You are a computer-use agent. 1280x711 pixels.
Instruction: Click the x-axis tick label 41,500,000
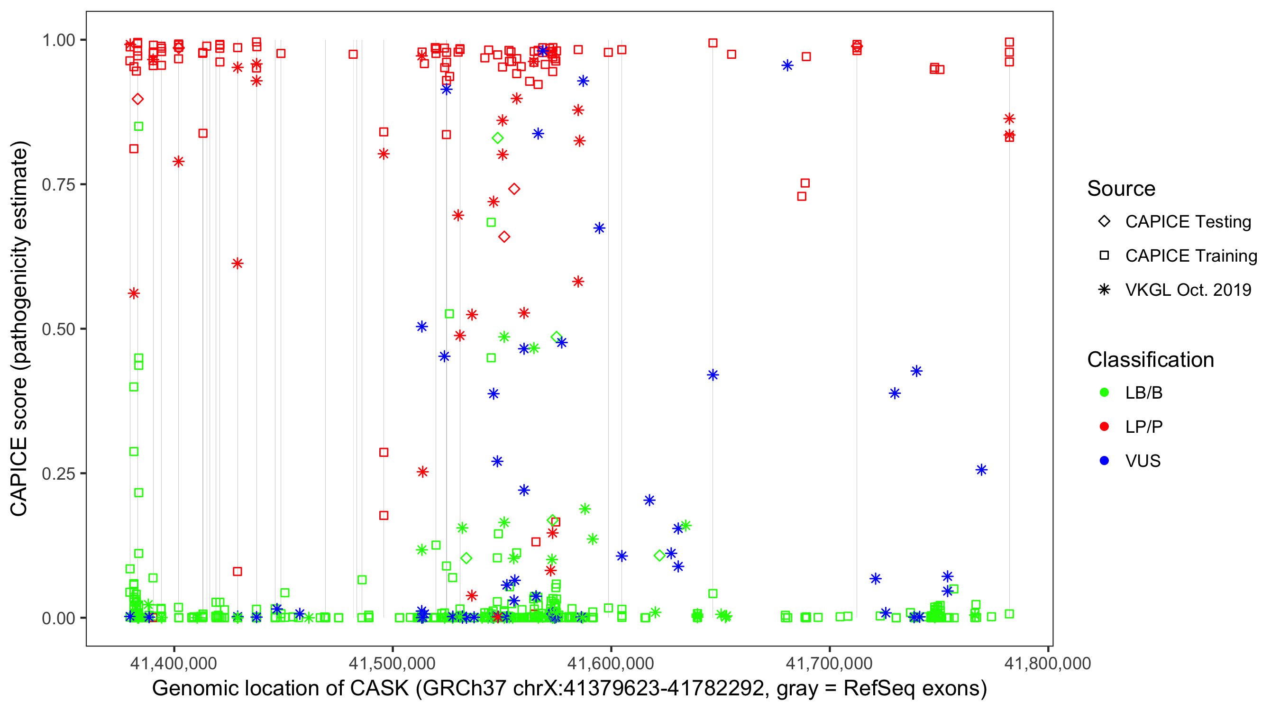coord(392,663)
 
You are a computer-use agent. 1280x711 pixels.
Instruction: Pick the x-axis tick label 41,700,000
coord(829,663)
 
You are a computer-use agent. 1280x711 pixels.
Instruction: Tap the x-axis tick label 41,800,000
coord(1047,663)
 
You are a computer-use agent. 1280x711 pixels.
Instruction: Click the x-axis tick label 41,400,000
coord(174,663)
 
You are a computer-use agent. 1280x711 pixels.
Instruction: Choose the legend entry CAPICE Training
coord(1190,256)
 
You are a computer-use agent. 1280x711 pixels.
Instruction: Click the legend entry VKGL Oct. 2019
coord(1188,290)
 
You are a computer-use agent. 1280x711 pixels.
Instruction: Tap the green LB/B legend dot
coord(1104,392)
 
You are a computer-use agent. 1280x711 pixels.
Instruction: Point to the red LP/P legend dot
coord(1104,427)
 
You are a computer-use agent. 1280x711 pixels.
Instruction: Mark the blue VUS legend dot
coord(1104,461)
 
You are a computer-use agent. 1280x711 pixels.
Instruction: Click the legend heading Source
coord(1121,189)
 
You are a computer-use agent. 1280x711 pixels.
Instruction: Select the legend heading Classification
coord(1150,360)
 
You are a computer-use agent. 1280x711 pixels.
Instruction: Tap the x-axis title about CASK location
coord(569,689)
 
